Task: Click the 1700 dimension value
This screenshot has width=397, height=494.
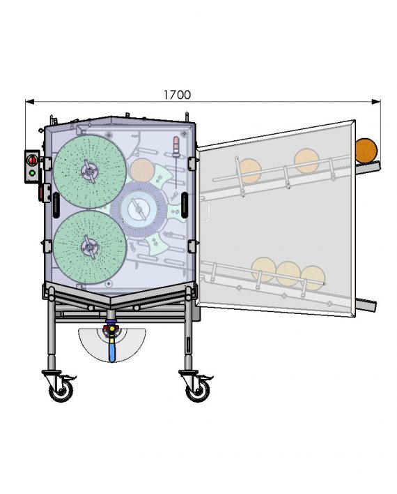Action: [177, 94]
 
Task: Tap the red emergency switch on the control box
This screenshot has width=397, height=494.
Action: [33, 160]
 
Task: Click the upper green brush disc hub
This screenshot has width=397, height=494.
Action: [90, 172]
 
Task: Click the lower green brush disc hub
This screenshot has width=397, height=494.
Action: [90, 247]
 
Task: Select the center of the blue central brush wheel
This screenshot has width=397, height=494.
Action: [139, 209]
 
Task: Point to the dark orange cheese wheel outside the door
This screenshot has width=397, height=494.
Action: [366, 150]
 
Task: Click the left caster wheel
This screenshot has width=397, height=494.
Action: [61, 391]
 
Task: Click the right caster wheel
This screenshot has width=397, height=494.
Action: [198, 391]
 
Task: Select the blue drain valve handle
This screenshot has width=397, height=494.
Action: [111, 351]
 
